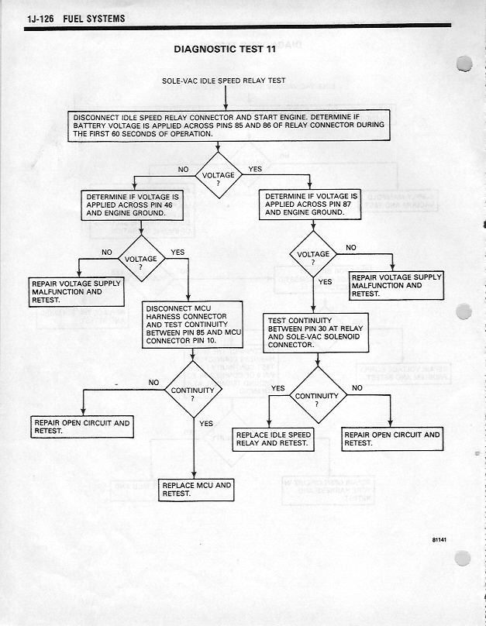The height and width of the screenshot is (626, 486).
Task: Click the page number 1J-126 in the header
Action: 40,18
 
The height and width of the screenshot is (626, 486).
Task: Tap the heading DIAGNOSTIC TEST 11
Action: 226,50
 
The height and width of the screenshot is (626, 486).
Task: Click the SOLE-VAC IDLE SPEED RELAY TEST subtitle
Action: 224,81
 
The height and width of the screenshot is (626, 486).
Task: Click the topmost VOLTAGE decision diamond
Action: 218,176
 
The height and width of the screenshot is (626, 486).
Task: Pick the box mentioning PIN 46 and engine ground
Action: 133,205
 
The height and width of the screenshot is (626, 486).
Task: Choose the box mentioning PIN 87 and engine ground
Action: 312,205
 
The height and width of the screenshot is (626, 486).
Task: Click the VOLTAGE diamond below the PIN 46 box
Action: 140,260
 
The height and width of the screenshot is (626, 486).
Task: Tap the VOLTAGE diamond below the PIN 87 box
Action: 313,255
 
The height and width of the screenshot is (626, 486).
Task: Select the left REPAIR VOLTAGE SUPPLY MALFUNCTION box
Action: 77,292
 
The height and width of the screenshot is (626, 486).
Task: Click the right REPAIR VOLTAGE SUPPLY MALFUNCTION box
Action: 396,285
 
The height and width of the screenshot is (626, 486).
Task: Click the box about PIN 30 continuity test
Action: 314,332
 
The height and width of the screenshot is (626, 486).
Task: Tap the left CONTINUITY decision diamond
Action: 192,390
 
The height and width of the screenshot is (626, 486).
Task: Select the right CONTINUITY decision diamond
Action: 316,397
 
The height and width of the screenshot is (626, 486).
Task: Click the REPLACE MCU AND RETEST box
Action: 196,490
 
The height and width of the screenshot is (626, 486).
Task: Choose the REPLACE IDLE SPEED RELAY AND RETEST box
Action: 274,439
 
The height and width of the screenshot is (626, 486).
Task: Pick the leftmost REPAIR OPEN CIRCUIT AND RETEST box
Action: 81,427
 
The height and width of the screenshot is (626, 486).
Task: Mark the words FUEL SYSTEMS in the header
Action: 95,18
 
